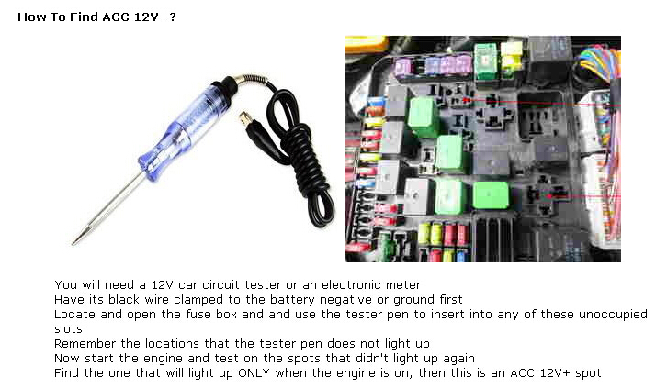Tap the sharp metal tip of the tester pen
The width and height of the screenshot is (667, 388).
click(73, 244)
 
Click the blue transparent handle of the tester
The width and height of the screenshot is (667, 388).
click(183, 127)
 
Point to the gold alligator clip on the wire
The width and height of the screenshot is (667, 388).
click(245, 118)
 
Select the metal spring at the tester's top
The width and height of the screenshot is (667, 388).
click(253, 78)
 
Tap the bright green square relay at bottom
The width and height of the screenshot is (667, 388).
click(491, 194)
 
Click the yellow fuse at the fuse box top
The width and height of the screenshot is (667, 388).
click(511, 56)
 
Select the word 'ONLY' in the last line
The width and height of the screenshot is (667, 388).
click(254, 373)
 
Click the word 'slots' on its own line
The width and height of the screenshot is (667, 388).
click(68, 329)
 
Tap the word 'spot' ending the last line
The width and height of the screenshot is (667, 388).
click(588, 373)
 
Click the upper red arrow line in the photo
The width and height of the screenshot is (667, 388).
click(541, 103)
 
